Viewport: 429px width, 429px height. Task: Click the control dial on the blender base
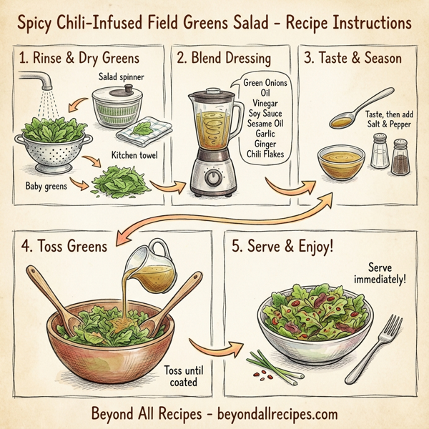(212, 177)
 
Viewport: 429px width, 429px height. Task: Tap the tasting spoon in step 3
(362, 105)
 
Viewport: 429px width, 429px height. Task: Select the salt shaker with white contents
(380, 152)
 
